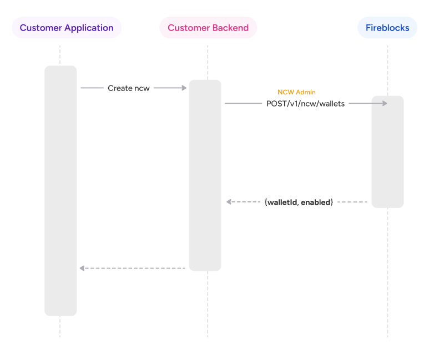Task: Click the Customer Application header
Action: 67,28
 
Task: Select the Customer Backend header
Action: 208,28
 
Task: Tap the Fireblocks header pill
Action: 387,28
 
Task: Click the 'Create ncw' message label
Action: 129,88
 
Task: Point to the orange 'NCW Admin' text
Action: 296,92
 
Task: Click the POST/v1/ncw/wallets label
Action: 306,103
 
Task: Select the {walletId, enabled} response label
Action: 299,202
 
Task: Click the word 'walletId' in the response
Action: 282,202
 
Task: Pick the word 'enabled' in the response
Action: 316,202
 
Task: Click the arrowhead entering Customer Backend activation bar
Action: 184,88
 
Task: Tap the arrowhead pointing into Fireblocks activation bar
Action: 384,103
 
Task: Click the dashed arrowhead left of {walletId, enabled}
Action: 229,202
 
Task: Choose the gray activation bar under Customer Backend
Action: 205,175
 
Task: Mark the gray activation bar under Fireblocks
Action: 387,151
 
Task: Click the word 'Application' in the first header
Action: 89,28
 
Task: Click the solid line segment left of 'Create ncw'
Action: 92,88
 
